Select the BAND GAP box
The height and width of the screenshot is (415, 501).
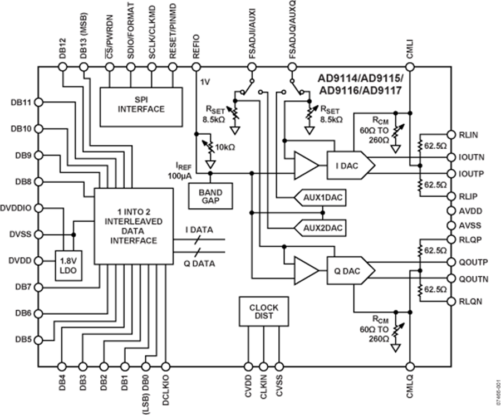(205, 196)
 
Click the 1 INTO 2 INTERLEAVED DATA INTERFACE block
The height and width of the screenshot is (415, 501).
(134, 225)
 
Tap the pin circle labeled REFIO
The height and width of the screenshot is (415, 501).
(195, 67)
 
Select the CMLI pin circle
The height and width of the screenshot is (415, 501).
(410, 67)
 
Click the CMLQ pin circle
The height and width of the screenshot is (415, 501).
(410, 367)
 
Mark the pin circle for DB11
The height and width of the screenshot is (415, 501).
(38, 102)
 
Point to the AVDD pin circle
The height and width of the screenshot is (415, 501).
(450, 212)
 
